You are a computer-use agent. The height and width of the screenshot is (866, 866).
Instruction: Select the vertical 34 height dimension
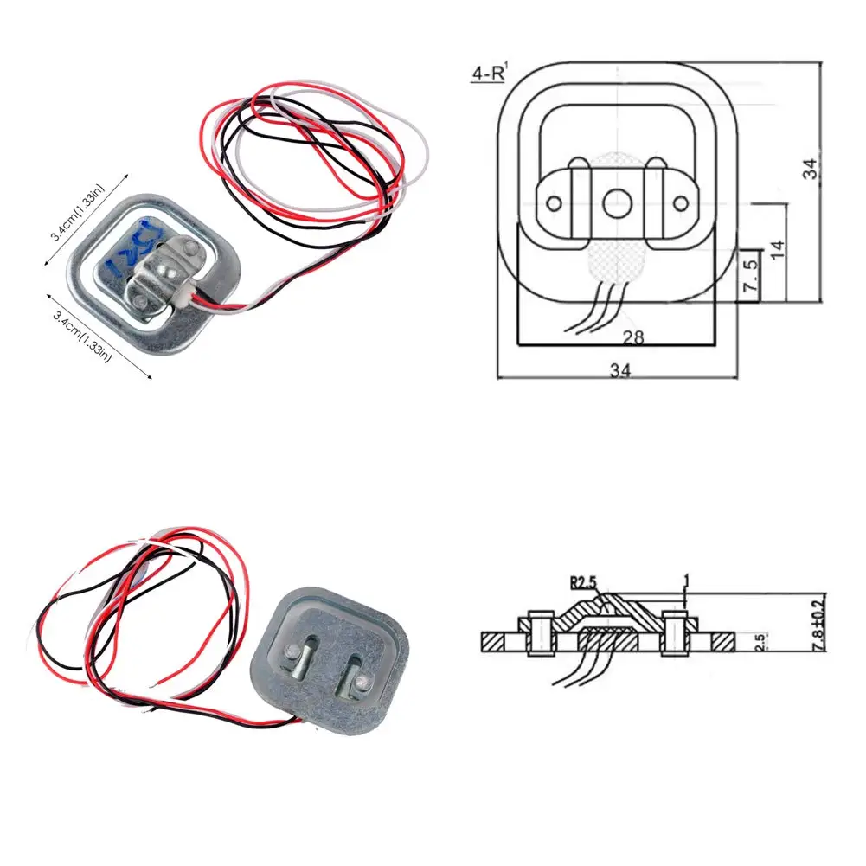click(x=809, y=169)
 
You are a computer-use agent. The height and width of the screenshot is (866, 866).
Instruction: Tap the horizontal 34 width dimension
click(x=619, y=370)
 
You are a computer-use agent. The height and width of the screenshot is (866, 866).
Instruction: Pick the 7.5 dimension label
click(x=751, y=274)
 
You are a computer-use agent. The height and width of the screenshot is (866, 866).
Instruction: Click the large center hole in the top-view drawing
click(x=616, y=203)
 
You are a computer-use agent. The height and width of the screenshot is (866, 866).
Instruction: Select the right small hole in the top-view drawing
click(x=681, y=203)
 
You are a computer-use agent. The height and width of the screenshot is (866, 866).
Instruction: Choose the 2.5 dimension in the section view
click(x=759, y=644)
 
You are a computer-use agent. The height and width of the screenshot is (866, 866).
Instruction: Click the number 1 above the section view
click(x=684, y=577)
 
